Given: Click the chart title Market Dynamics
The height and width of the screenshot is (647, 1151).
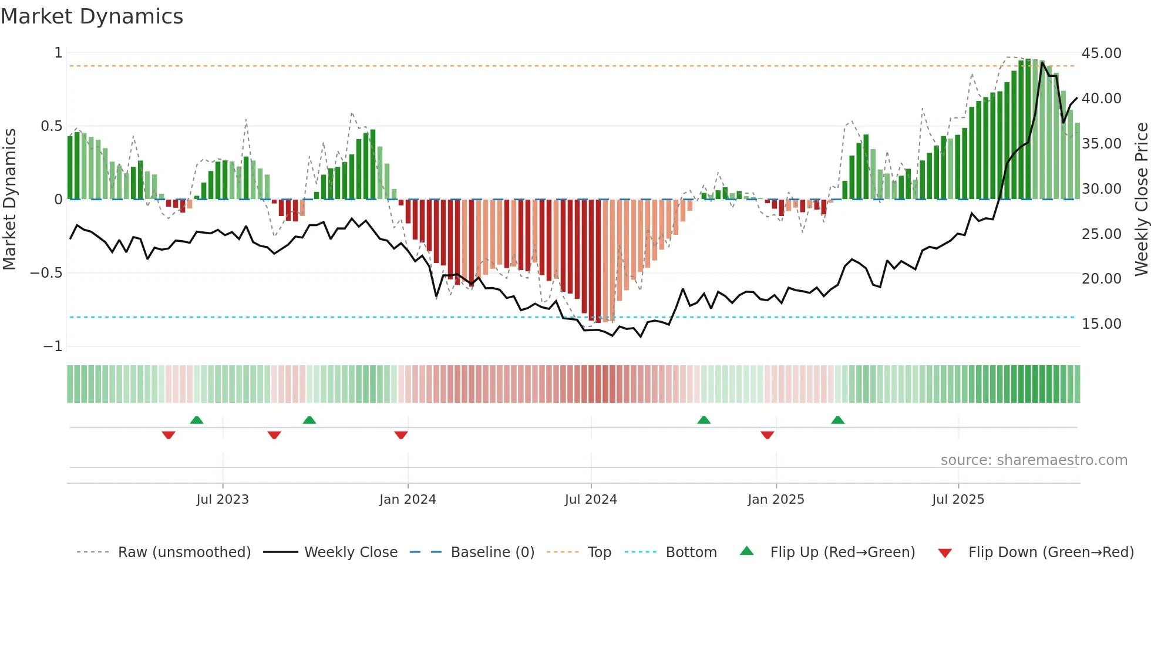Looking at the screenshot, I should coord(92,16).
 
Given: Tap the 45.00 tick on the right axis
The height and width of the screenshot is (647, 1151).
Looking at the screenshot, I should coord(1101,53).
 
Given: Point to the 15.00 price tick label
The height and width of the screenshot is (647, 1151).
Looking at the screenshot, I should coord(1101,324).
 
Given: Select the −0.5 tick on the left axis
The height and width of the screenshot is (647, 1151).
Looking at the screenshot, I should coord(46,273).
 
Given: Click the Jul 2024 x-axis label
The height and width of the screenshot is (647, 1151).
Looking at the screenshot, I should coord(591,500).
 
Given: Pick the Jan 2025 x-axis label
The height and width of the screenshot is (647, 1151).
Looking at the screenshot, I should coord(776,500).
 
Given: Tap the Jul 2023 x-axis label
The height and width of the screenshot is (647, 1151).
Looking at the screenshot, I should coord(223,500).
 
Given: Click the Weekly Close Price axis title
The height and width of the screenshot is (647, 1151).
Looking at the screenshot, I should coord(1141,200).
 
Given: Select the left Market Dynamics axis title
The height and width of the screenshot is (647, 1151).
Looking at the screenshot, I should coord(9,200).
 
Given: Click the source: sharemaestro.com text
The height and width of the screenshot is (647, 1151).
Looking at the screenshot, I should coord(1034,460).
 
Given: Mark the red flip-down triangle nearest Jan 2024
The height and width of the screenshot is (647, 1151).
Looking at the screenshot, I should coord(401,435).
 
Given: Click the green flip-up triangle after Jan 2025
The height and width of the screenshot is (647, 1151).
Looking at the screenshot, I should coord(838,420).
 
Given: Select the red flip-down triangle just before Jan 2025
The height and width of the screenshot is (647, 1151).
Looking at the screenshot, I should coord(767,435).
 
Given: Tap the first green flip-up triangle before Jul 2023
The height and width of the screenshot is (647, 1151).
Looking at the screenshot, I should coord(197,420).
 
